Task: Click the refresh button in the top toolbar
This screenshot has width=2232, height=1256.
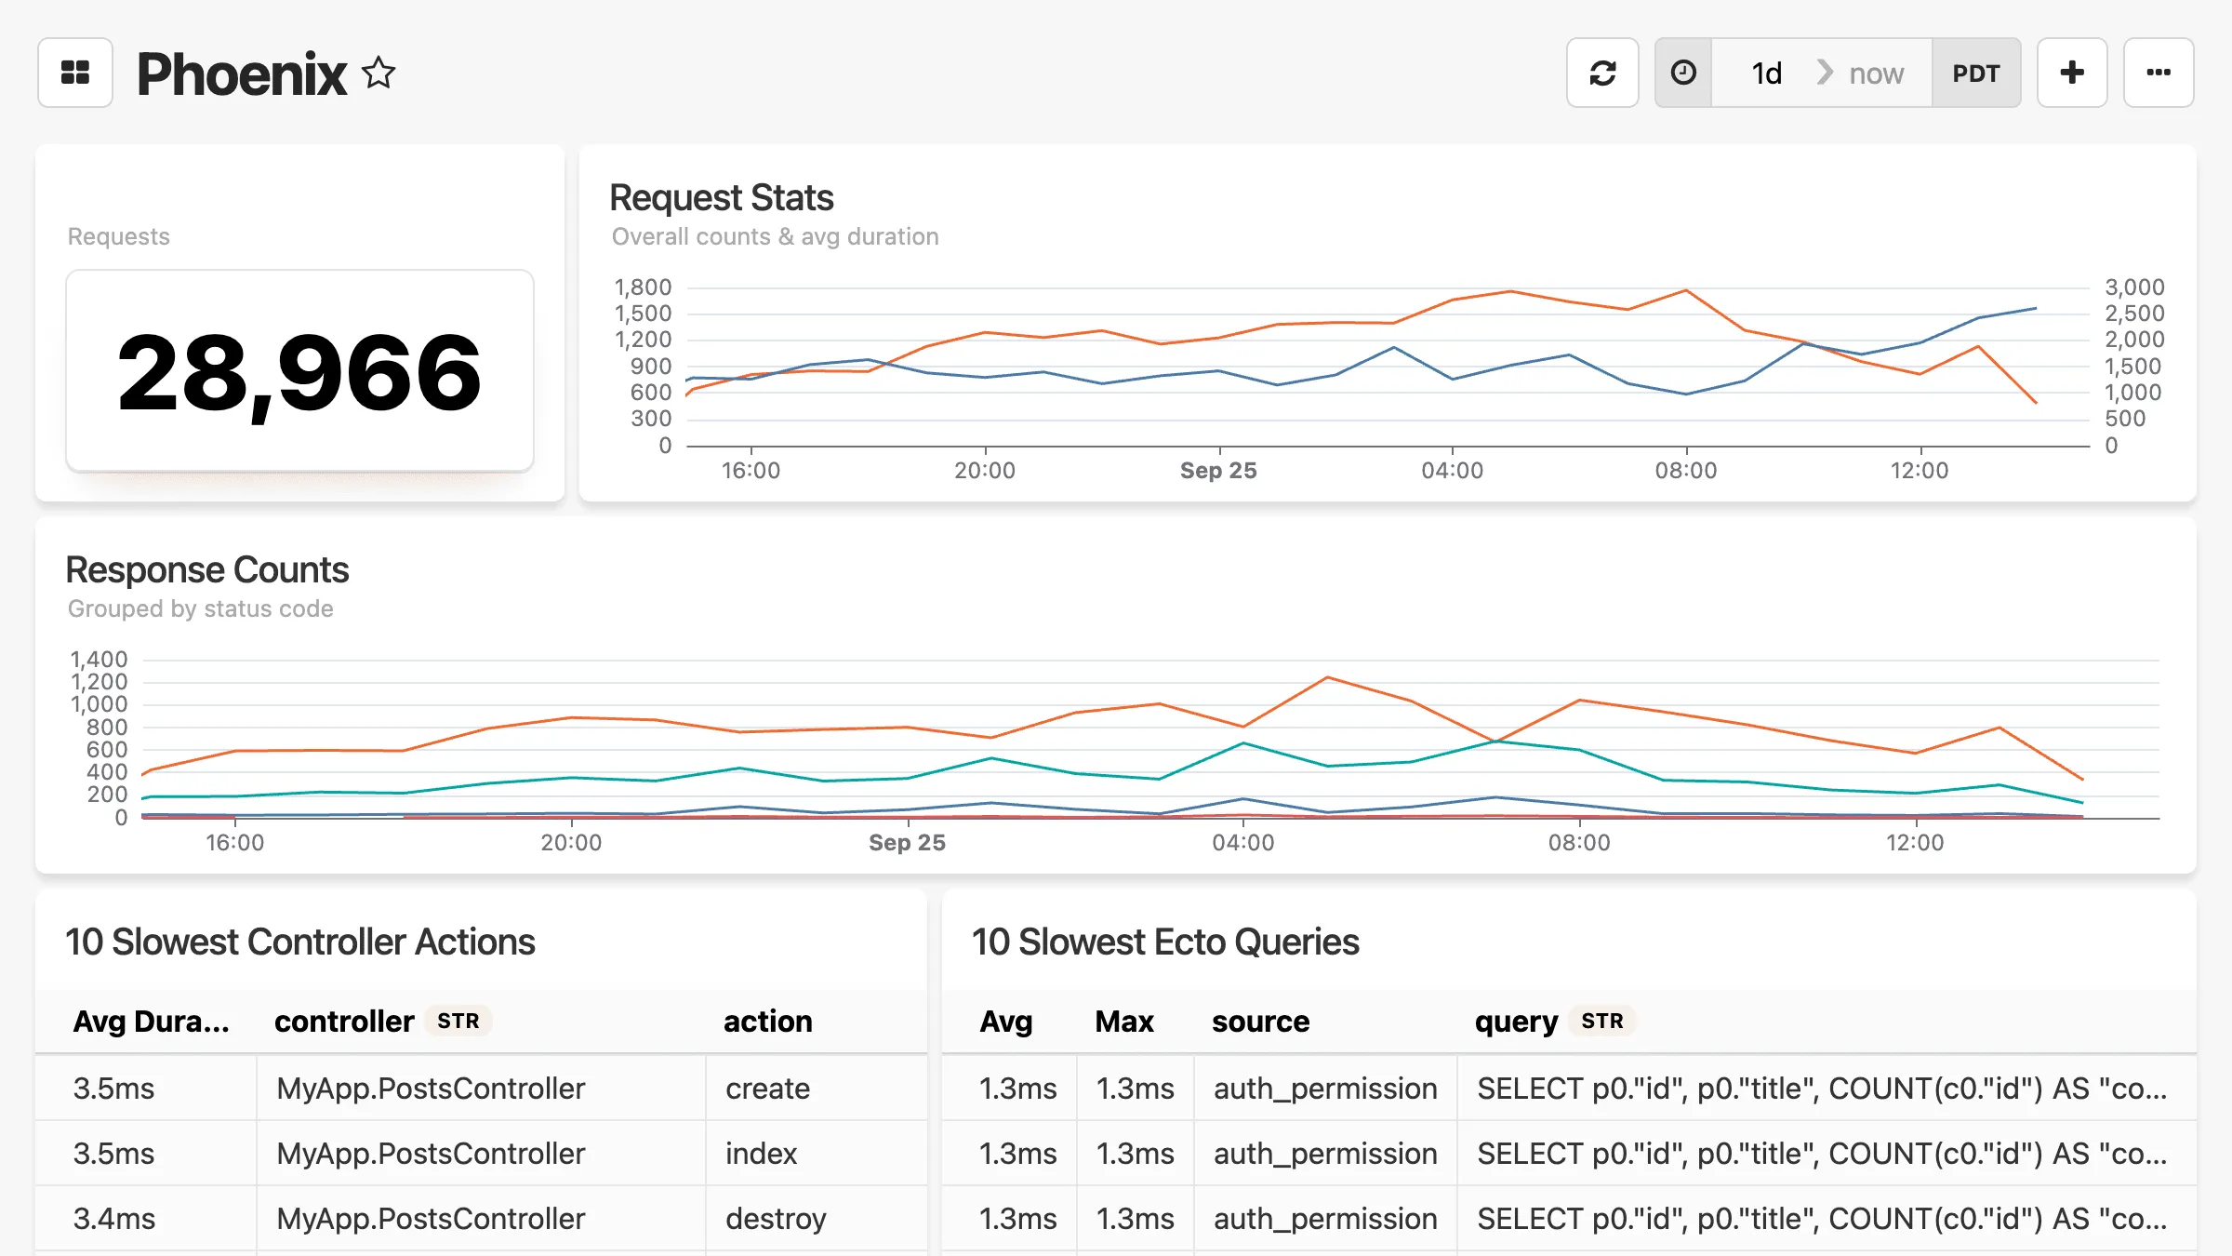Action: coord(1601,73)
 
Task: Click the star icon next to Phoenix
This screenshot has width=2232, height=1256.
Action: coord(379,73)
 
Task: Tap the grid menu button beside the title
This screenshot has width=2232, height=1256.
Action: coord(75,73)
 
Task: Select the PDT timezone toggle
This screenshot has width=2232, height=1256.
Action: coord(1975,73)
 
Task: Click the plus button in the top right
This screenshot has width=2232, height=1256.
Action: coord(2072,73)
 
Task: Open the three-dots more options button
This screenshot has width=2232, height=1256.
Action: coord(2158,73)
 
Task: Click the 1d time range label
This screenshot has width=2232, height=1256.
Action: coord(1766,73)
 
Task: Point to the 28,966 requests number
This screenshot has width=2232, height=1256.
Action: coord(299,372)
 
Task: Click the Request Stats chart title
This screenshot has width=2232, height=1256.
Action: coord(721,197)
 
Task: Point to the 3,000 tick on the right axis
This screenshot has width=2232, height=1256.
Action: coord(2134,287)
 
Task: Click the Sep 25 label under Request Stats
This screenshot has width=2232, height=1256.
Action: coord(1218,470)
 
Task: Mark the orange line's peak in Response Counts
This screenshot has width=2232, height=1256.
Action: coord(1328,677)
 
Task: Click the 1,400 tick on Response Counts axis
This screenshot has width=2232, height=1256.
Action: coord(99,660)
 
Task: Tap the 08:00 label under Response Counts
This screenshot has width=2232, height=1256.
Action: coord(1579,842)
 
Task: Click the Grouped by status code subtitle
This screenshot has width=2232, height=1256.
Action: coord(200,608)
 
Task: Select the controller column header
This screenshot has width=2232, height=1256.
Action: coord(344,1021)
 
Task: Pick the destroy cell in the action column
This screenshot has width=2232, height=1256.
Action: coord(776,1218)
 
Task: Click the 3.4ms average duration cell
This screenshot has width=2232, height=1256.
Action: coord(114,1218)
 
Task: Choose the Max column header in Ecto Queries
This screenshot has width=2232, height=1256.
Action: coord(1123,1021)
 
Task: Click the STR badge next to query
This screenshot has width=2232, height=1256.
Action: coord(1601,1021)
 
